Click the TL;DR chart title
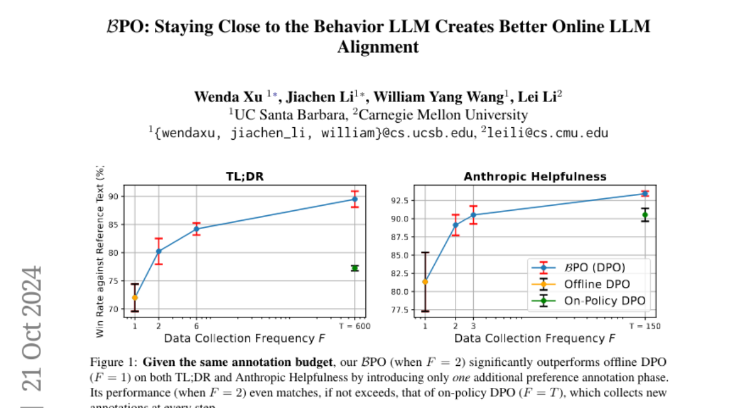point(245,177)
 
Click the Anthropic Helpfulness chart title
point(535,177)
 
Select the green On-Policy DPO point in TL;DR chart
point(355,268)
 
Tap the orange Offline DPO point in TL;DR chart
point(135,297)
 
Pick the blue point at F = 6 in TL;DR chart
point(197,229)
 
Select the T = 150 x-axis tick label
point(644,326)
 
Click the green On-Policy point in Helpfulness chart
point(644,215)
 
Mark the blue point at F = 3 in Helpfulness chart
point(474,215)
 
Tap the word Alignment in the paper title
point(378,47)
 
